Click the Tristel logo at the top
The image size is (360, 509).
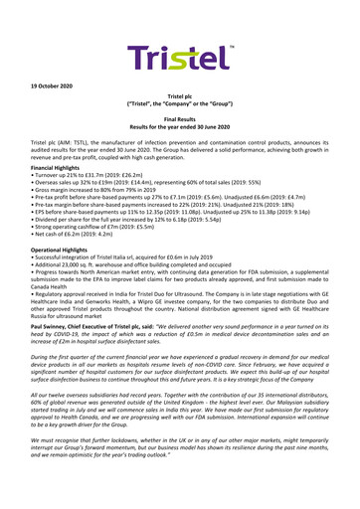click(x=180, y=32)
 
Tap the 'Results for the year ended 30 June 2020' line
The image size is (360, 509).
click(x=180, y=122)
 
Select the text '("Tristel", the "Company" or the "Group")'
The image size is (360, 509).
click(x=180, y=98)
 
